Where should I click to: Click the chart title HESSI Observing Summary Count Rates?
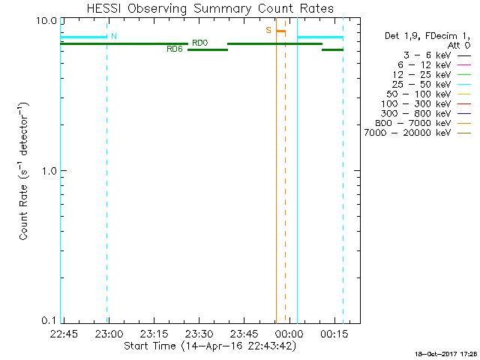coord(210,8)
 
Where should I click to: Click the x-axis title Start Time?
coord(209,346)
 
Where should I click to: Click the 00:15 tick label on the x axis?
coord(332,333)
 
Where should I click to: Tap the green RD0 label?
coord(200,43)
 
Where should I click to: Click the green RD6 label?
coord(174,49)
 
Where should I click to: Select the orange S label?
coord(268,31)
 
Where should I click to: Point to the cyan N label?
coord(114,36)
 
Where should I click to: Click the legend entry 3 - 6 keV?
coord(424,56)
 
